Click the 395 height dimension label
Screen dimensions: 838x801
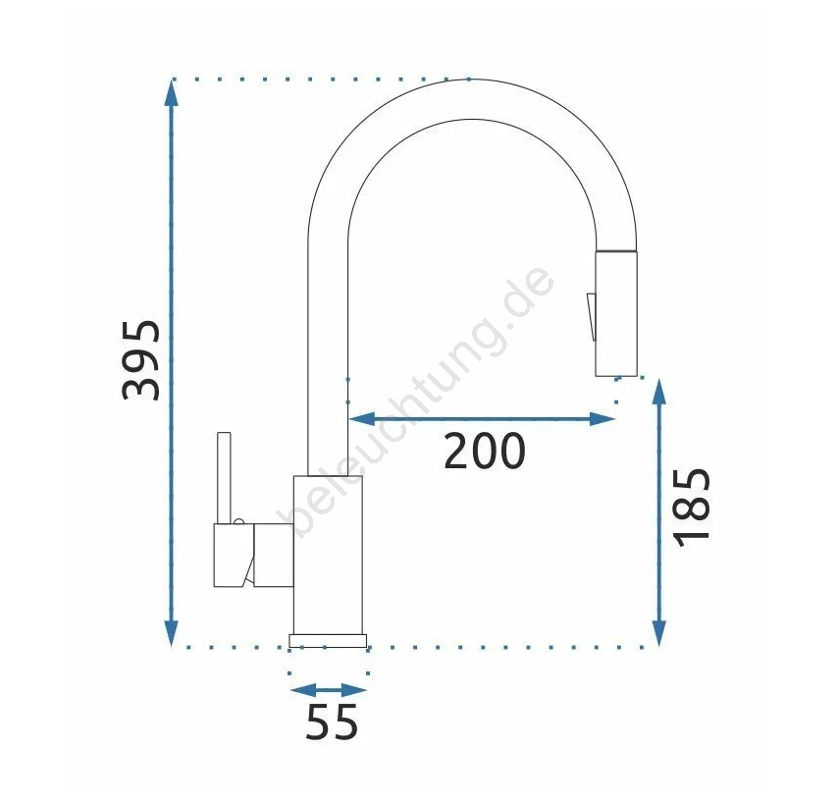coord(141,360)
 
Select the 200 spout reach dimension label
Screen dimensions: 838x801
coord(485,451)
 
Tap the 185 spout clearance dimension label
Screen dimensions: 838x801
coord(692,507)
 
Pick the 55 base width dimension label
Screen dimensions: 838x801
coord(332,721)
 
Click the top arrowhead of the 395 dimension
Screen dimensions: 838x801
coord(171,94)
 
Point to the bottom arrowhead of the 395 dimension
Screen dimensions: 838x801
coord(171,631)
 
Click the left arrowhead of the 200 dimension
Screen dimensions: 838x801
coord(362,419)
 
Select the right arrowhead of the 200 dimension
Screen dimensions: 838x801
coord(602,419)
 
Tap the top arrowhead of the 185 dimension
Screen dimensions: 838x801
coord(659,393)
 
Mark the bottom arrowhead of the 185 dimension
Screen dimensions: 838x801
coord(659,631)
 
